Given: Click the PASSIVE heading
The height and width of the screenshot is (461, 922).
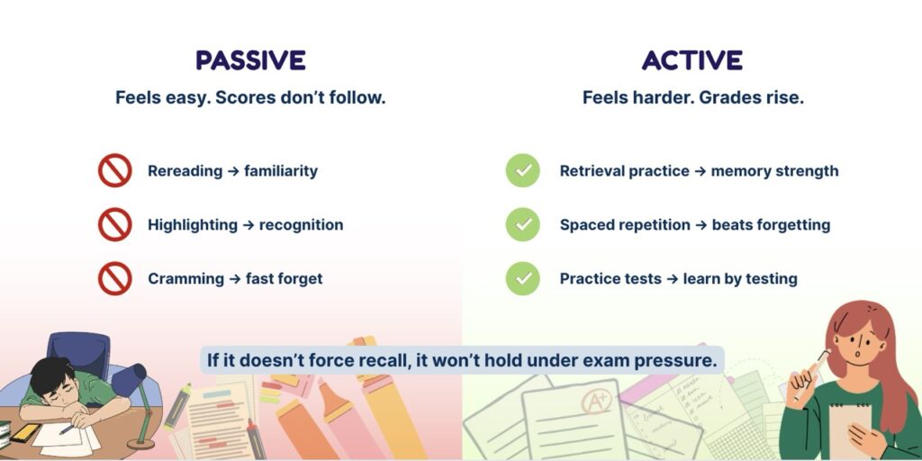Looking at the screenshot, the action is point(250,60).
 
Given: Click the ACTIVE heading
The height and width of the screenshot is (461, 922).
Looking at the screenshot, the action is point(692,60).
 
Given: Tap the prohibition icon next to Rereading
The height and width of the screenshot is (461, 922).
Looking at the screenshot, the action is point(114,170).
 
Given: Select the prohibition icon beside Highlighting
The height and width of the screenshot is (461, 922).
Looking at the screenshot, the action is point(114,224).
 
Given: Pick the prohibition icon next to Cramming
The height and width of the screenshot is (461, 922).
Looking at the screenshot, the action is point(114,278).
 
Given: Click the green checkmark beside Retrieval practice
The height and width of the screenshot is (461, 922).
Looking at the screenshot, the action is point(523,170).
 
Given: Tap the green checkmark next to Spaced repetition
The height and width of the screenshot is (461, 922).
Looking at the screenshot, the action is point(523,224).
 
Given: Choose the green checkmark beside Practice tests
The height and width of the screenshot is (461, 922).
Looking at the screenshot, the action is point(523,278).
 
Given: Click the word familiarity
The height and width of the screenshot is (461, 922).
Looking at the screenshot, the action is point(281,171).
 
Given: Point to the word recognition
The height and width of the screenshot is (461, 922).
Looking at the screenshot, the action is point(301,224).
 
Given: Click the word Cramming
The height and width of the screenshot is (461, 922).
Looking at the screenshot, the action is point(185,279).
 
